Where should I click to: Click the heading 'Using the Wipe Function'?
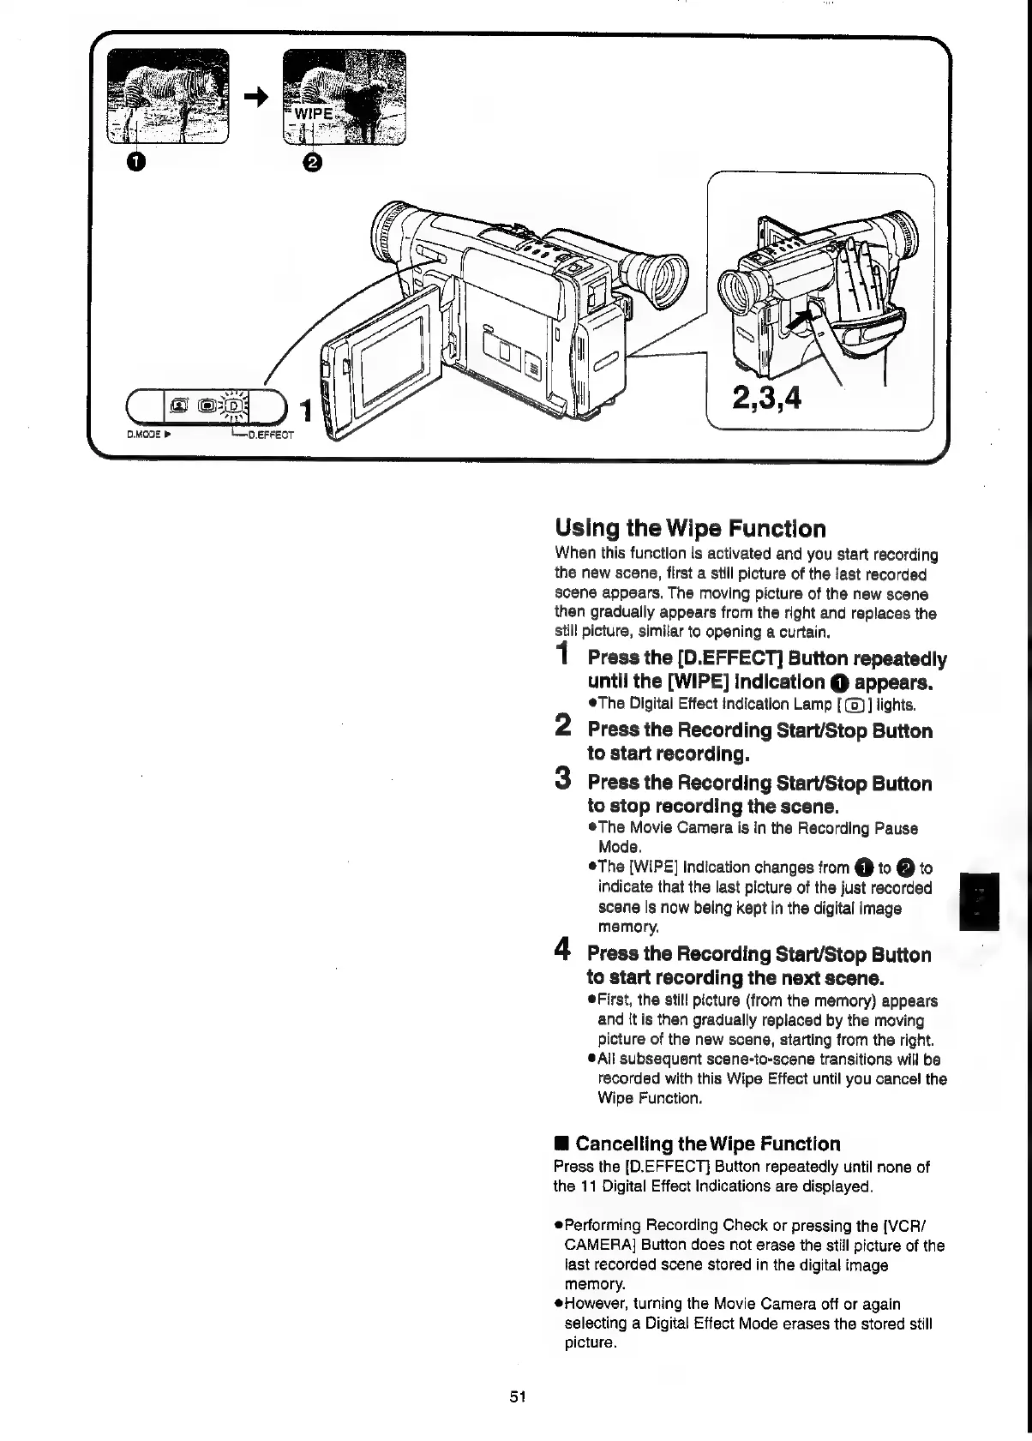click(x=691, y=528)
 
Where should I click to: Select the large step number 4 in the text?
click(x=562, y=950)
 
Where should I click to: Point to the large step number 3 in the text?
click(x=562, y=779)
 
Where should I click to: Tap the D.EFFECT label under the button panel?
click(x=270, y=435)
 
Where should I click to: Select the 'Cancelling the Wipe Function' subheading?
click(x=707, y=1144)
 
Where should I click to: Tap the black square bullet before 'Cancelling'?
click(x=561, y=1144)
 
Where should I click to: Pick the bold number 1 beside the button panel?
click(x=303, y=409)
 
